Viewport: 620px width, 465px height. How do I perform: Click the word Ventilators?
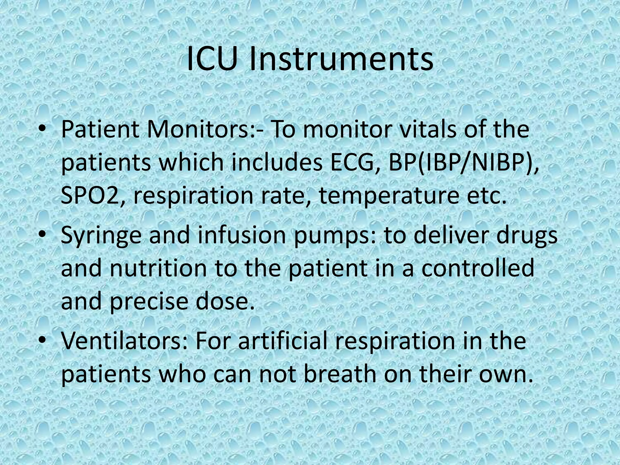click(x=124, y=341)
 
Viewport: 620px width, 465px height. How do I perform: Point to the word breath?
click(x=339, y=374)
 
